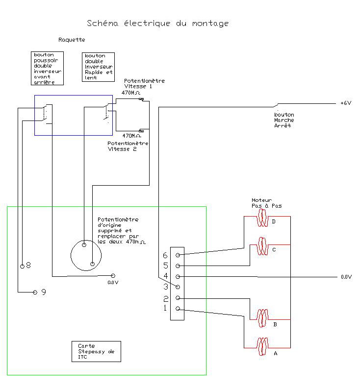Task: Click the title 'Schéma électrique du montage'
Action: (157, 23)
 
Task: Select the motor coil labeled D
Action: (262, 221)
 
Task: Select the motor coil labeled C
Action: (262, 243)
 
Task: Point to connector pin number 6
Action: (178, 255)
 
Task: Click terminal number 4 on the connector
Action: (178, 276)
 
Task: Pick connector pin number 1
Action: (178, 309)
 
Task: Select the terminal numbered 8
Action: (22, 266)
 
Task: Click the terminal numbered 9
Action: (35, 292)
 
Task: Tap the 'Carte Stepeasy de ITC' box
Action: (96, 351)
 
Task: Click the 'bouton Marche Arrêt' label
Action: (284, 120)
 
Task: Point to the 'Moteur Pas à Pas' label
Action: (266, 203)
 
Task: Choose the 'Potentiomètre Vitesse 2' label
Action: (128, 146)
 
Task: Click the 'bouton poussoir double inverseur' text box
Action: (48, 68)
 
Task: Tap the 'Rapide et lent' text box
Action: (99, 67)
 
